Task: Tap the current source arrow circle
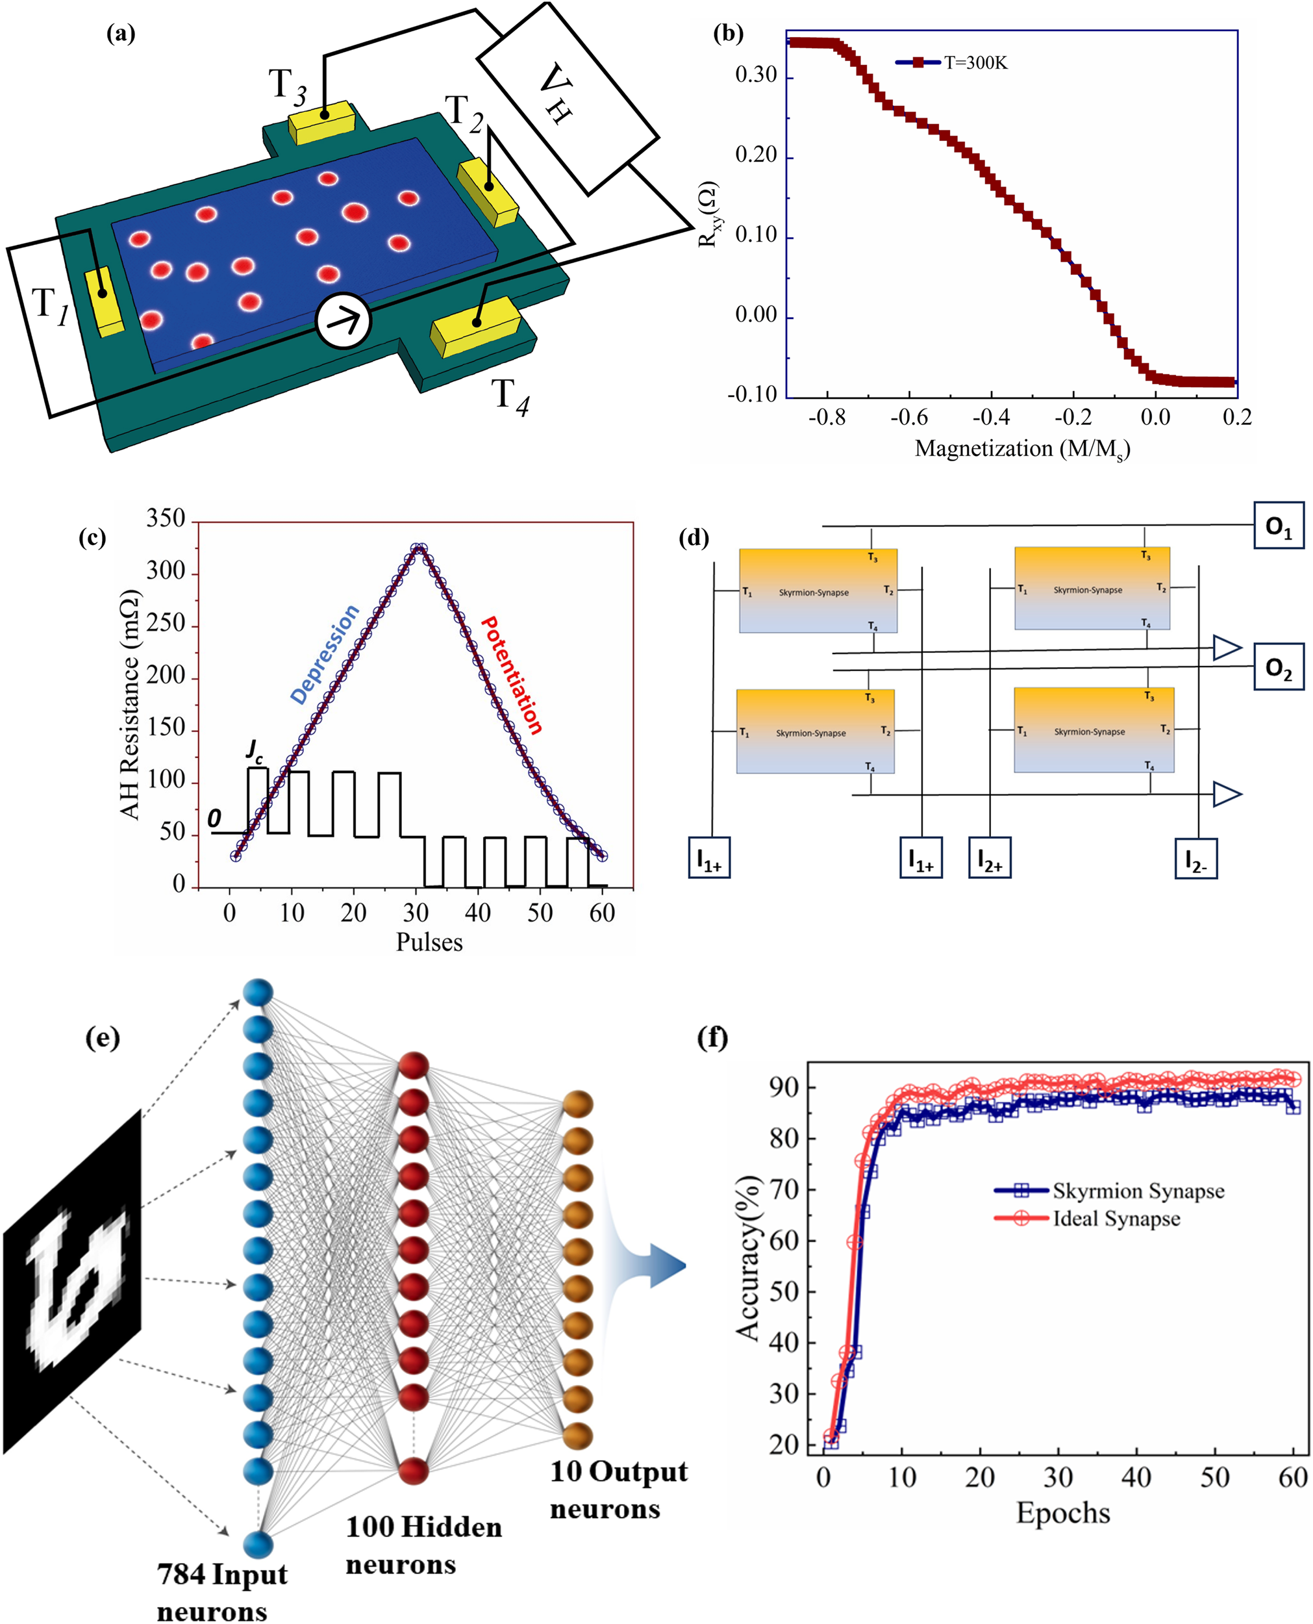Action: (x=344, y=320)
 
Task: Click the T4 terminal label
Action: (x=510, y=396)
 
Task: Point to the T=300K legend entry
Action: (x=953, y=63)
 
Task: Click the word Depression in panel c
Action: (x=325, y=654)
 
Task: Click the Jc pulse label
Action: (x=254, y=750)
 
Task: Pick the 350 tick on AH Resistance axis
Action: (x=166, y=519)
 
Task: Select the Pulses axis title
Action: (x=429, y=942)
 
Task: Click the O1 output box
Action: (x=1278, y=525)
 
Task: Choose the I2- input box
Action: (x=1195, y=859)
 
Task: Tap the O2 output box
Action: (x=1278, y=666)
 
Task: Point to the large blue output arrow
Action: (x=651, y=1265)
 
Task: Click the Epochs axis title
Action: (x=1062, y=1512)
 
